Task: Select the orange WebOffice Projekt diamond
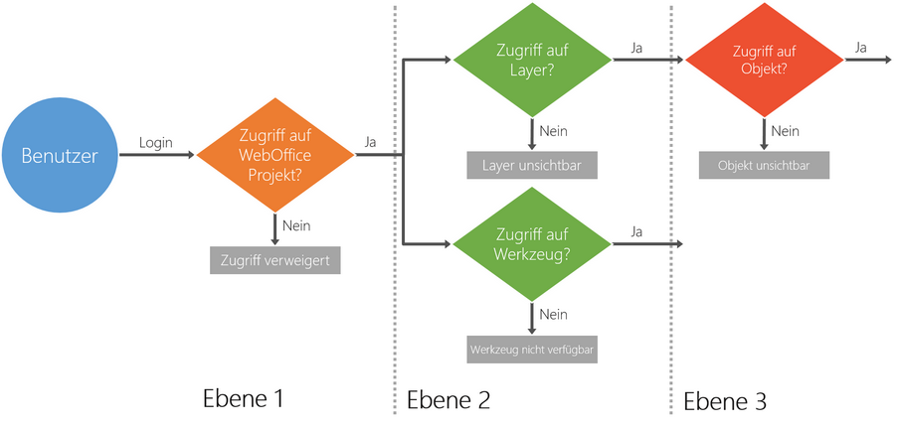coord(275,156)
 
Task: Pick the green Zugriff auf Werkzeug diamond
coord(532,242)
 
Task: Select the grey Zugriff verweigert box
coord(275,261)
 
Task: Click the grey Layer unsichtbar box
coord(532,166)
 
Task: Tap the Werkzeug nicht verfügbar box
coord(532,350)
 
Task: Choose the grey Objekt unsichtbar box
coord(764,165)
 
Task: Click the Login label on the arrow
coord(155,142)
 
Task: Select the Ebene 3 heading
coord(725,400)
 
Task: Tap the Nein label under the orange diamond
coord(296,225)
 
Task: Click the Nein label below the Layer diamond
coord(553,130)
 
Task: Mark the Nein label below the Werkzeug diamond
coord(553,314)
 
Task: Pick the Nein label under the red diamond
coord(785,130)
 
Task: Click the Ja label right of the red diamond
coord(860,47)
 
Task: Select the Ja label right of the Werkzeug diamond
coord(635,230)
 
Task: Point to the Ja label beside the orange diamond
coord(372,142)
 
